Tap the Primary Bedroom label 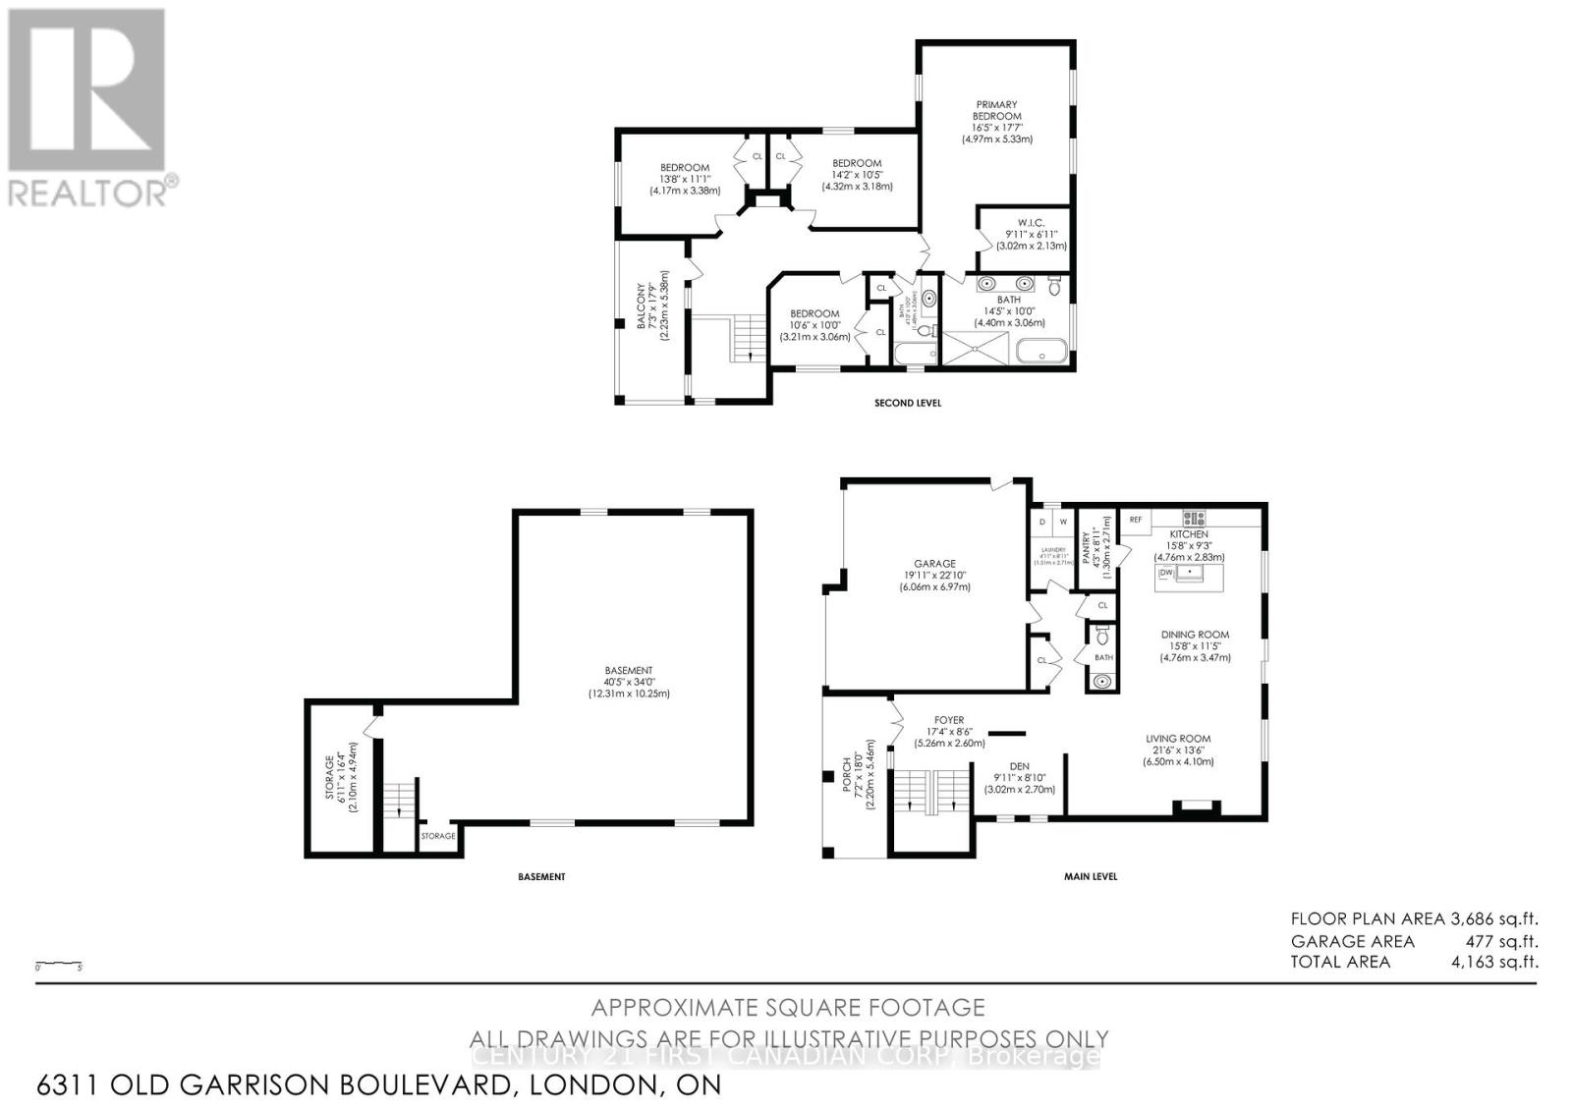coord(996,110)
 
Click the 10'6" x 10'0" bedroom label coord(814,314)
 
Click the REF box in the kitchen coord(1136,520)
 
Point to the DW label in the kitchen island coord(1167,572)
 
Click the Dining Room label coord(1195,635)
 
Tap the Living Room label coord(1178,739)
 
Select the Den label coord(1019,767)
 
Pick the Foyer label coord(949,720)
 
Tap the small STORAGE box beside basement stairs coord(438,836)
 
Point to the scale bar coord(59,965)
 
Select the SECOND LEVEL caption coord(908,403)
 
